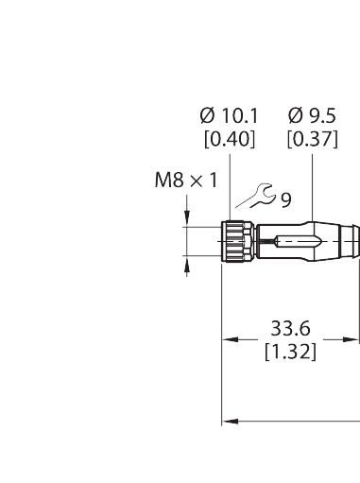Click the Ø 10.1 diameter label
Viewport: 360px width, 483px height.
click(229, 116)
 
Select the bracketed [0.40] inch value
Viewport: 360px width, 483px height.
click(229, 139)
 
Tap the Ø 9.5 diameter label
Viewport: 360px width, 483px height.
click(312, 116)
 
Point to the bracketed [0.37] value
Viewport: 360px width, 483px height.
click(311, 139)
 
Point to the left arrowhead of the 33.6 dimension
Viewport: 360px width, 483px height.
click(227, 339)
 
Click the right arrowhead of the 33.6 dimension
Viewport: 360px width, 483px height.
click(355, 339)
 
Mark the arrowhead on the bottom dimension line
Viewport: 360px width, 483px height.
click(227, 423)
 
